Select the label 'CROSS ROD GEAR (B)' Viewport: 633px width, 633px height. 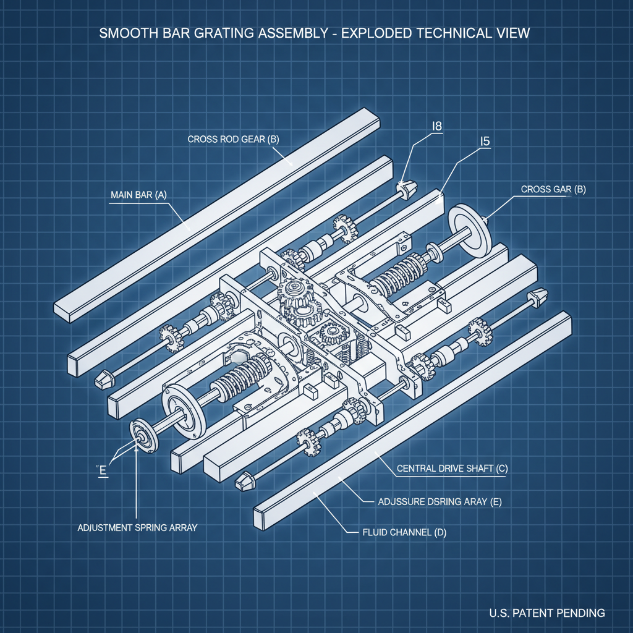(x=233, y=139)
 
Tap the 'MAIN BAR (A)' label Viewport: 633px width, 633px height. (x=138, y=195)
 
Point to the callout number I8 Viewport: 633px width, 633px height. (x=436, y=126)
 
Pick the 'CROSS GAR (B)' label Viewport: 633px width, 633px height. (x=553, y=190)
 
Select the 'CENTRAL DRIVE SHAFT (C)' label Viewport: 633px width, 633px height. (x=451, y=469)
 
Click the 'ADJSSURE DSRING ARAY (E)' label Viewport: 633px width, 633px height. (x=439, y=502)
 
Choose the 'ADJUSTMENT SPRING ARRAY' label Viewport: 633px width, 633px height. (x=137, y=528)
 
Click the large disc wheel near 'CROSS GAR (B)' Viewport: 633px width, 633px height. (x=468, y=228)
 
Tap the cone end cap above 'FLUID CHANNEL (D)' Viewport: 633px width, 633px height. (x=246, y=480)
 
